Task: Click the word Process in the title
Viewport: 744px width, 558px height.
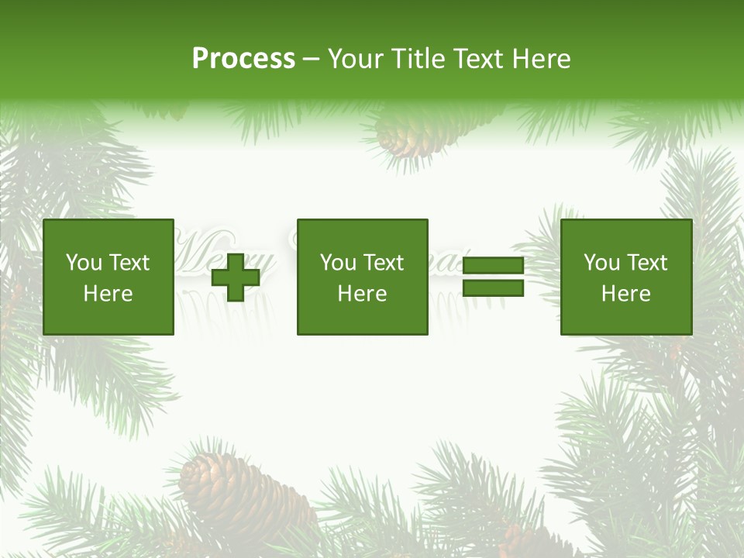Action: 243,59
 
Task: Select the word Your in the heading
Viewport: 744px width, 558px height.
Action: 356,59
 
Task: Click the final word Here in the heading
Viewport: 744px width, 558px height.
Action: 542,59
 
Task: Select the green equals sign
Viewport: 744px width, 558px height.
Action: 493,277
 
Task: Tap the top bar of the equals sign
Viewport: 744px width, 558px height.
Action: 493,267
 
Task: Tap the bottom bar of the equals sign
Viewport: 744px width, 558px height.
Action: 493,288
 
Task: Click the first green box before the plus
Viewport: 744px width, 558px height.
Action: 108,277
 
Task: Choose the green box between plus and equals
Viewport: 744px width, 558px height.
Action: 362,277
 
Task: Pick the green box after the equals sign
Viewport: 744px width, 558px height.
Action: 625,277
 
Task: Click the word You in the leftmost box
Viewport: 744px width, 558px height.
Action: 84,263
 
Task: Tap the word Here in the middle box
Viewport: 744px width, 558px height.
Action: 362,294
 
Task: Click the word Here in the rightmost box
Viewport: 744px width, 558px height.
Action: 625,294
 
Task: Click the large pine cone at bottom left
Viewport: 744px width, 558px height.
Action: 236,488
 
